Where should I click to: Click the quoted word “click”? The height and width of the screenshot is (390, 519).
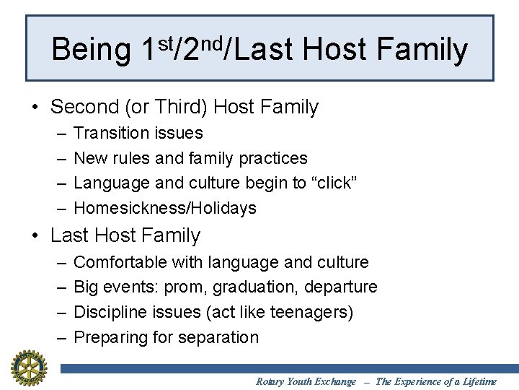coord(334,183)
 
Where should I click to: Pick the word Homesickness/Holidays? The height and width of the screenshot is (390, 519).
coord(165,208)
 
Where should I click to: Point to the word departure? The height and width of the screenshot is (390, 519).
coord(341,287)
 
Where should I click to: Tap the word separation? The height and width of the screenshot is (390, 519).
coord(222,337)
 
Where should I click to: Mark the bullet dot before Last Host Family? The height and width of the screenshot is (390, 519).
coord(35,236)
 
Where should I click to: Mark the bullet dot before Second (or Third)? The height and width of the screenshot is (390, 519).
coord(35,108)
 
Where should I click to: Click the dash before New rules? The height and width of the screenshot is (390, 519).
coord(58,158)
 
